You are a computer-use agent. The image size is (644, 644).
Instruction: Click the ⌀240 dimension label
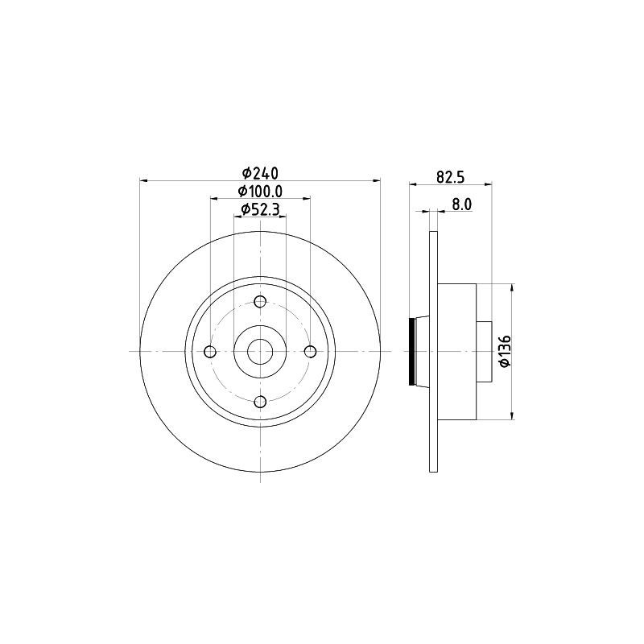point(260,173)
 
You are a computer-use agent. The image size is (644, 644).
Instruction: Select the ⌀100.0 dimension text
point(260,192)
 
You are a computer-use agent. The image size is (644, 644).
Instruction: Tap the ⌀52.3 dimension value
point(260,209)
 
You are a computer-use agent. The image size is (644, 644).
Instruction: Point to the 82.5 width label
point(450,177)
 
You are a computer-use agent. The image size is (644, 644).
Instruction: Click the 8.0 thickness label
point(462,204)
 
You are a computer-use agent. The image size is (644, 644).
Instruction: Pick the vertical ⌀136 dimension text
point(505,351)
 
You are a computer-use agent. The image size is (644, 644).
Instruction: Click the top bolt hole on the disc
point(260,302)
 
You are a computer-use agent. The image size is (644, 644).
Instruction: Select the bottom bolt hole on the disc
point(260,402)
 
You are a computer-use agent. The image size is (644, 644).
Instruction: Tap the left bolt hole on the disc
point(210,352)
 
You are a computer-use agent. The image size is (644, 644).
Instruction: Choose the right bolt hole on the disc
point(310,352)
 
